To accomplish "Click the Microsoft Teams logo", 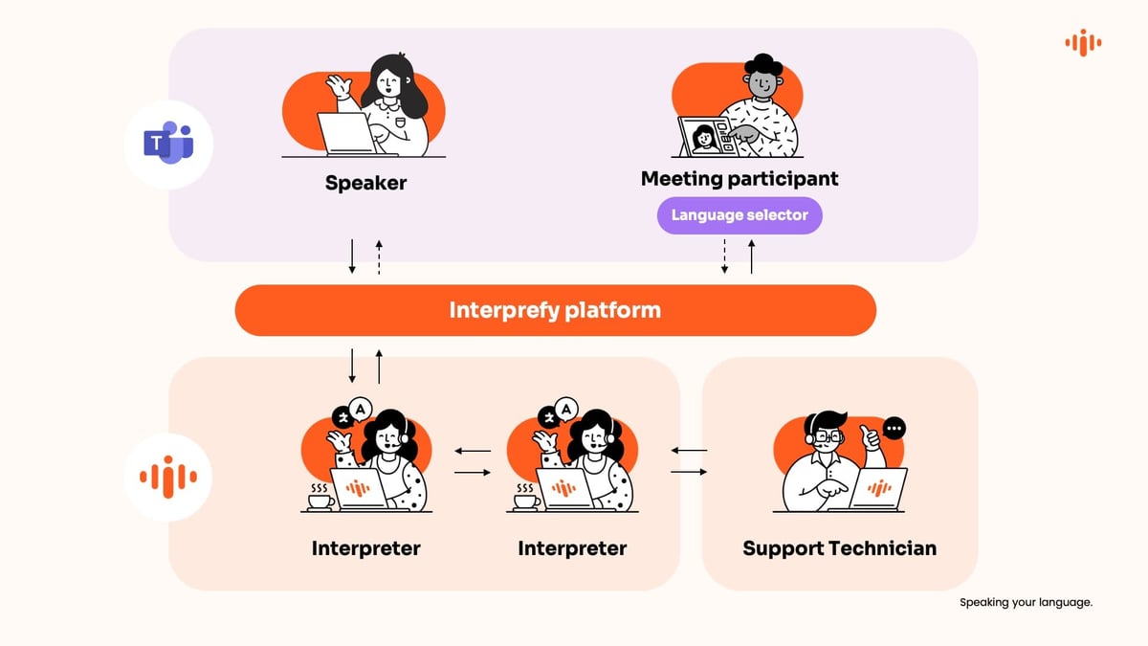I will point(168,144).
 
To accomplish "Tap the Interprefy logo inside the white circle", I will point(168,476).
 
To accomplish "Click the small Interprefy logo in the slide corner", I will point(1083,42).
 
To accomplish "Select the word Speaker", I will point(365,183).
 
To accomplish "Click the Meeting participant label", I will point(739,178).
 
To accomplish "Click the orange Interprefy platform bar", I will point(555,310).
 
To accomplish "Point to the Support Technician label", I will point(839,548).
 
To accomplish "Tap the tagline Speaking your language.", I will point(1026,603).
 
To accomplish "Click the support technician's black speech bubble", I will point(894,429).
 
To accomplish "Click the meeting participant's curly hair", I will point(762,66).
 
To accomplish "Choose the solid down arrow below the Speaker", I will point(352,256).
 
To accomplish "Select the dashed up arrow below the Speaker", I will point(379,256).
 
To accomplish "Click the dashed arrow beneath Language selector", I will point(724,256).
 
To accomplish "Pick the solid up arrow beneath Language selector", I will point(751,256).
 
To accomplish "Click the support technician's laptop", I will point(878,489).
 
